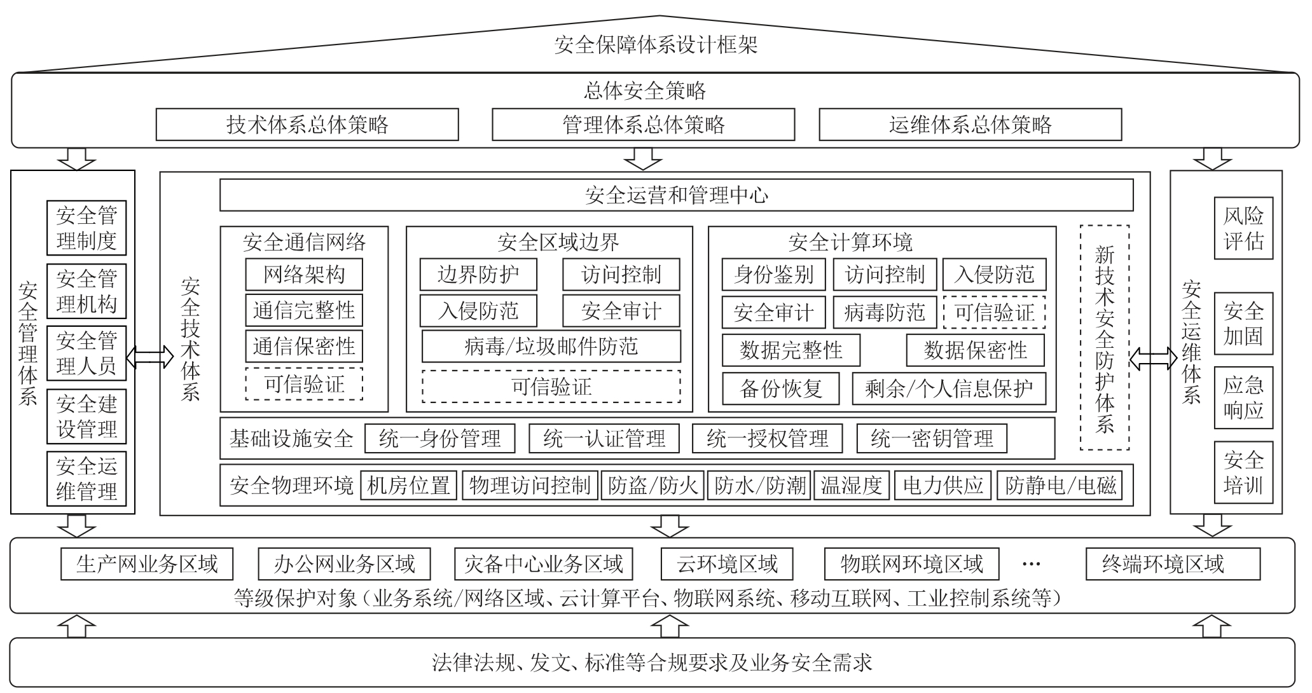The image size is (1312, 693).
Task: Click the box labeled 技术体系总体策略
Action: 307,125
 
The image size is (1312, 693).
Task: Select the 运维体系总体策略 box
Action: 970,125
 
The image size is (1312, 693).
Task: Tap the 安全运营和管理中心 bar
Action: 676,195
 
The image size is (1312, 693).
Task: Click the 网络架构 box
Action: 304,275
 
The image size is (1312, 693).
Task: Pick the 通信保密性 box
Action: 304,346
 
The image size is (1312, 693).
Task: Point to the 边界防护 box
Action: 478,275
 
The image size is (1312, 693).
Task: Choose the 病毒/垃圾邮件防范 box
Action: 551,346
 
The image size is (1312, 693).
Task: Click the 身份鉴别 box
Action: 773,275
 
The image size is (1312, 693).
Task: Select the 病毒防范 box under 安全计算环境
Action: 885,312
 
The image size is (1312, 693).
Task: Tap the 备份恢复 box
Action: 781,388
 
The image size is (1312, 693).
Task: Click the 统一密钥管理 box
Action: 932,439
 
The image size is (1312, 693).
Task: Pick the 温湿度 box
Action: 852,486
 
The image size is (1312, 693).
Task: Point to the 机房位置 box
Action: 408,486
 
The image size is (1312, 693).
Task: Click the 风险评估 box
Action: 1243,228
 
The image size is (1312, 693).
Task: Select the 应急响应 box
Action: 1243,397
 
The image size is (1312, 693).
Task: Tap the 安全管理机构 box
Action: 86,291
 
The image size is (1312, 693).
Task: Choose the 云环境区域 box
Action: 727,564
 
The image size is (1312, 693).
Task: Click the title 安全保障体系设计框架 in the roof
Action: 656,45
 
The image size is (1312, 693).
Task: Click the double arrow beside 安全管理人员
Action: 149,357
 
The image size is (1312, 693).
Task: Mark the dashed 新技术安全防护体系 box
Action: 1105,338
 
